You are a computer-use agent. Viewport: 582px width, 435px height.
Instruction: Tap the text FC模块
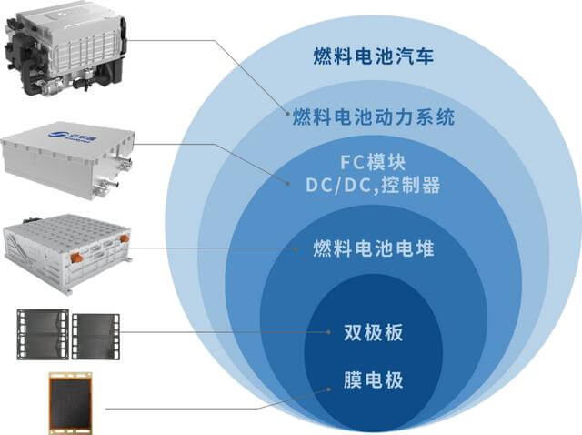[373, 165]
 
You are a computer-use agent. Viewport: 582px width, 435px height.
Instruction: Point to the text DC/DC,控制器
[373, 186]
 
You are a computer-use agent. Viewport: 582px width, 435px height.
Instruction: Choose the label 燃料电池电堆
[373, 248]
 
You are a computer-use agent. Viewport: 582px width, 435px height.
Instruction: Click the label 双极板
[373, 332]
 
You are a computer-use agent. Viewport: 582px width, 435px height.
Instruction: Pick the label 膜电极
[373, 379]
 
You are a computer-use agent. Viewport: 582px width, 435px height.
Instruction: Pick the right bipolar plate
[95, 335]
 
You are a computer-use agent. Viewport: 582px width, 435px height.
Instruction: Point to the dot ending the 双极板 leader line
[327, 333]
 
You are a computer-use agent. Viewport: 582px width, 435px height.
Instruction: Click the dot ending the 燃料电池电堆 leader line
[292, 248]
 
